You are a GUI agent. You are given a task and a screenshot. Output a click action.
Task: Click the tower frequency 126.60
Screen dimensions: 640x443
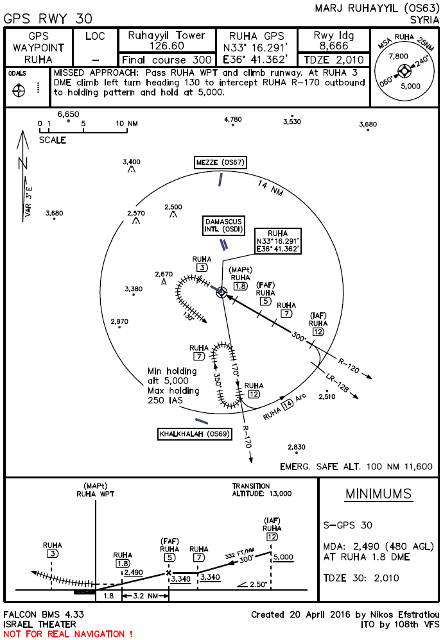[166, 46]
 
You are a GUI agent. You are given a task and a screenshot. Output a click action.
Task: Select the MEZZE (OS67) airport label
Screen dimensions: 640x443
[220, 163]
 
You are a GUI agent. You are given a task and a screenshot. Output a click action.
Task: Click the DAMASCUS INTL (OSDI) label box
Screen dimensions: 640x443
[224, 225]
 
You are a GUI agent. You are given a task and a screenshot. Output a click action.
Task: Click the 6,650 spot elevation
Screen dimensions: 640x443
[68, 114]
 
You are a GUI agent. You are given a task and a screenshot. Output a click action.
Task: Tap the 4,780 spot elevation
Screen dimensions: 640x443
[232, 119]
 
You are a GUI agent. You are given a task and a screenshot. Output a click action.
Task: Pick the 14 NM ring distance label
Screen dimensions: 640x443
[270, 189]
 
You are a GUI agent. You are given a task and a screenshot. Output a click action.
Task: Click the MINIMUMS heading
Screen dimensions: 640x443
[378, 494]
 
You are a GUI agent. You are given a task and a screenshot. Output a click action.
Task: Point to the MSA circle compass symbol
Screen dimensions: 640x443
[404, 67]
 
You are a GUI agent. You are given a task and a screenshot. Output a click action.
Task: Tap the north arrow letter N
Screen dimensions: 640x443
[23, 162]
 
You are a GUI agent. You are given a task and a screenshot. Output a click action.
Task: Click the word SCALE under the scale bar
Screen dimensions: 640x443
[53, 140]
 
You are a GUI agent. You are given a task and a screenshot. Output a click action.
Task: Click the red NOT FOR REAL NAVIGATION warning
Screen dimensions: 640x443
[68, 634]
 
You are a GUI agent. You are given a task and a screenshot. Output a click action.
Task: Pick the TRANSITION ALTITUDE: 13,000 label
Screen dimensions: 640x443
[261, 490]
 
